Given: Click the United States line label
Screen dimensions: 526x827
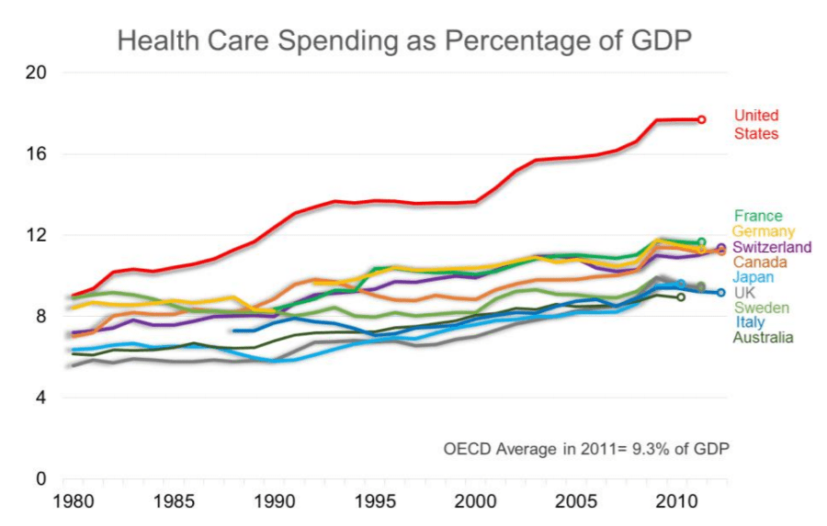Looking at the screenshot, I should coord(756,125).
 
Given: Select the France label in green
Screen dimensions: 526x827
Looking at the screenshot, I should coord(758,217).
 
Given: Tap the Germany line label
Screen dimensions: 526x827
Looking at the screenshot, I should coord(764,231).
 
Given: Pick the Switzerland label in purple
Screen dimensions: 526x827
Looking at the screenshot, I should coord(772,247).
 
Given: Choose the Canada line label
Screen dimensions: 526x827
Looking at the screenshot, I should coord(760,262).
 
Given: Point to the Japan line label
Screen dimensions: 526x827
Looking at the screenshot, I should coord(754,277).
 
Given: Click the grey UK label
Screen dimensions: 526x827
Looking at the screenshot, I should coord(745,292).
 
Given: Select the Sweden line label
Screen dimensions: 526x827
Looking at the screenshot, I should coord(758,308).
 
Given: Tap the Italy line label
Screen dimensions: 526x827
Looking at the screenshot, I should coord(750,322).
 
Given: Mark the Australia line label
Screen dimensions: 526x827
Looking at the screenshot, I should coord(764,338).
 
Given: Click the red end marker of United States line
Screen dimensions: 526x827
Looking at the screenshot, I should coord(701,119).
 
